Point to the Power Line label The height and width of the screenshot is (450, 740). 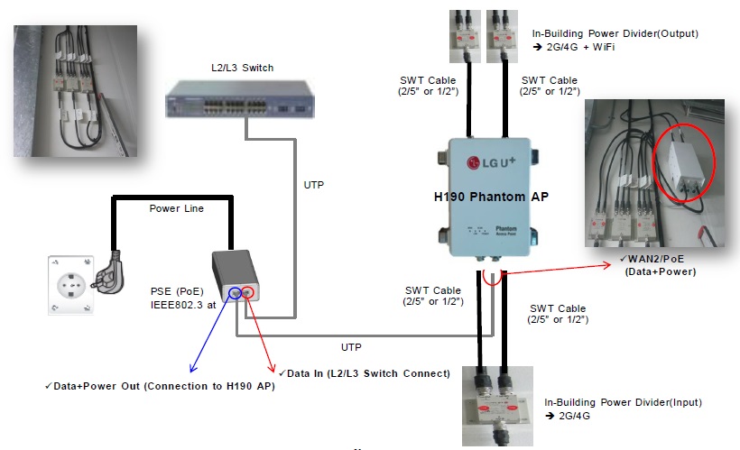(177, 208)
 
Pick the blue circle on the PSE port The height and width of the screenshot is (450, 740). (237, 291)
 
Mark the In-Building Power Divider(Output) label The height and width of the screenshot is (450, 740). (616, 33)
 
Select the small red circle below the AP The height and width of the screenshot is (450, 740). (491, 274)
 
